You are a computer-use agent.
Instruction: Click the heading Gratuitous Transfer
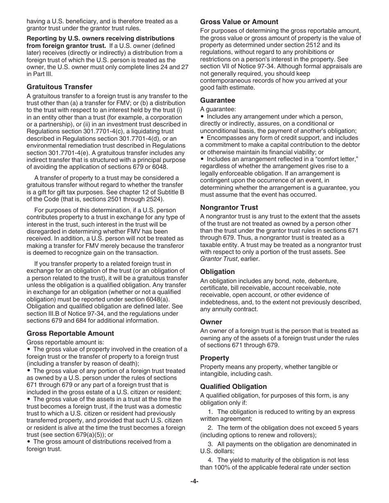59,87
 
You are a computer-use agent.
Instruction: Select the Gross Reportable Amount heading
70,333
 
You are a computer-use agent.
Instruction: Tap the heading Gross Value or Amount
239,22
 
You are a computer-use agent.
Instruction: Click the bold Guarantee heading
217,100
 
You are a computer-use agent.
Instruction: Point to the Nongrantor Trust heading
229,207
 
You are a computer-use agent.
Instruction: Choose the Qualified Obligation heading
233,386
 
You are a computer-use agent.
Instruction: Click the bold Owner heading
211,322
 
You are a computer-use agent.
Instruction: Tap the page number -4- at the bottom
194,481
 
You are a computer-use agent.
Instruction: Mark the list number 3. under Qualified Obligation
210,444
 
